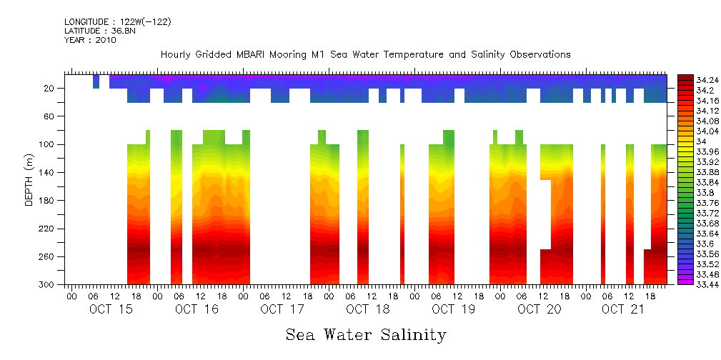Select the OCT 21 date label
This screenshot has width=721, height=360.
coord(623,309)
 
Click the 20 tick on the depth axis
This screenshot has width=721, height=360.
coord(50,89)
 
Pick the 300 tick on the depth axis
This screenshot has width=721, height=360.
coord(47,285)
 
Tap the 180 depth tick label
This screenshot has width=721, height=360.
coord(47,201)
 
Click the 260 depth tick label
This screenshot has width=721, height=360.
coord(47,257)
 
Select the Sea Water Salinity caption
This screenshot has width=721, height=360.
coord(366,335)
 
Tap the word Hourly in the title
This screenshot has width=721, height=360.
coord(176,55)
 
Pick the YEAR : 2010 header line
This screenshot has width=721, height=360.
coord(90,40)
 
